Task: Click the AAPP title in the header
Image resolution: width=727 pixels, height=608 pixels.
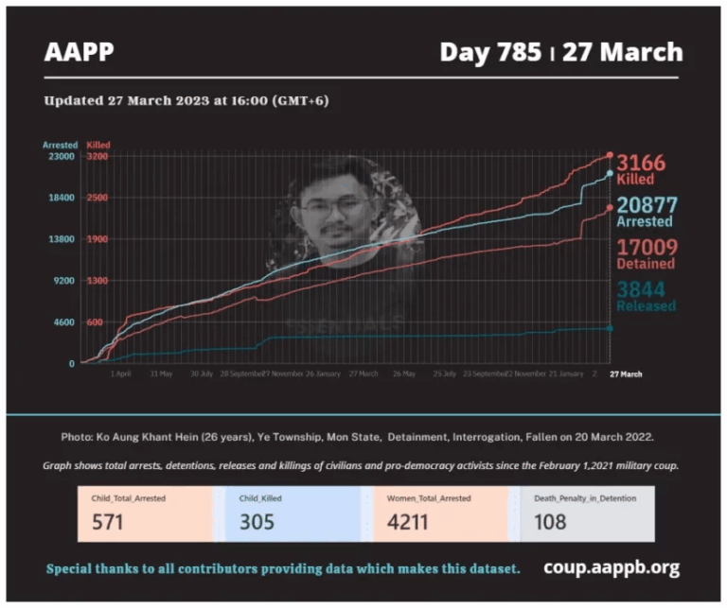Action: pyautogui.click(x=79, y=52)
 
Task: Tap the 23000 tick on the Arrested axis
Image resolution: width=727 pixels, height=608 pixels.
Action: pyautogui.click(x=62, y=157)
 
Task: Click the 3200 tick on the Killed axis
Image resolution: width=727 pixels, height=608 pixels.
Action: pyautogui.click(x=98, y=157)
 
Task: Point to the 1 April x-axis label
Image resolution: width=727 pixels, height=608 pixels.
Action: pyautogui.click(x=120, y=373)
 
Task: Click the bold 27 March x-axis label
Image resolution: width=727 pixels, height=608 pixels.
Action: pyautogui.click(x=625, y=373)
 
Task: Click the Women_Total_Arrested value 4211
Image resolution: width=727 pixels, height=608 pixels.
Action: pyautogui.click(x=406, y=521)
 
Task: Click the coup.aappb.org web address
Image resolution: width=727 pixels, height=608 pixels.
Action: pyautogui.click(x=611, y=567)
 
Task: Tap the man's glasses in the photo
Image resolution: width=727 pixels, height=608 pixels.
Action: pyautogui.click(x=334, y=207)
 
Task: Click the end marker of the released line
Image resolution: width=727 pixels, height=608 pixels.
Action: pyautogui.click(x=610, y=328)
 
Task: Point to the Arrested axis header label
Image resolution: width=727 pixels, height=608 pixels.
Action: pyautogui.click(x=60, y=145)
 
